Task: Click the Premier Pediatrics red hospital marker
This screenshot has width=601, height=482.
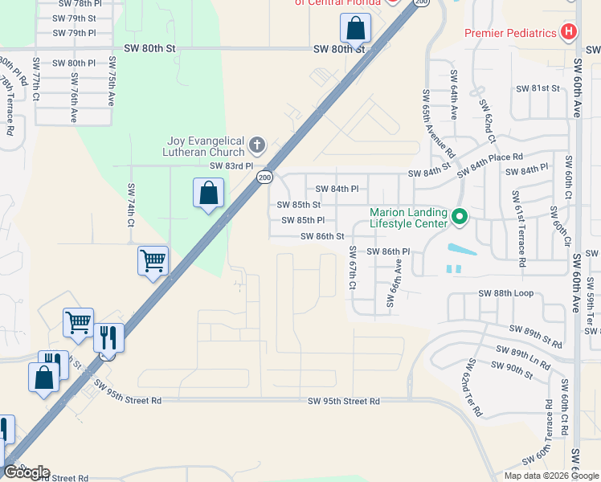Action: click(x=570, y=33)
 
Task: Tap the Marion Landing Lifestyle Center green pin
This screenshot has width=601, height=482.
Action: click(x=460, y=217)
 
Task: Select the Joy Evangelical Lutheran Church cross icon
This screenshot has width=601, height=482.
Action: click(x=257, y=145)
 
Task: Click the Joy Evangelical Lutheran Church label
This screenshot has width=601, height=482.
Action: click(x=205, y=146)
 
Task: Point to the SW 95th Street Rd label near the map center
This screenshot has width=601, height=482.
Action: click(x=343, y=401)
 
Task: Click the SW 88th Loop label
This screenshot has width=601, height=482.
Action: click(x=506, y=294)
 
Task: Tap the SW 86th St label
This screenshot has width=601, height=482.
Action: click(x=322, y=236)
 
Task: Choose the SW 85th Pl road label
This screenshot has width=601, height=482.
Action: click(x=303, y=220)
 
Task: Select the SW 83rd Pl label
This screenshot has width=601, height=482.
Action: click(x=231, y=166)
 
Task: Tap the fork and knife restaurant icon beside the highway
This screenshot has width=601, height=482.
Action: click(x=108, y=337)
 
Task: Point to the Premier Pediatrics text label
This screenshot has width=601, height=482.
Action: click(x=510, y=33)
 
